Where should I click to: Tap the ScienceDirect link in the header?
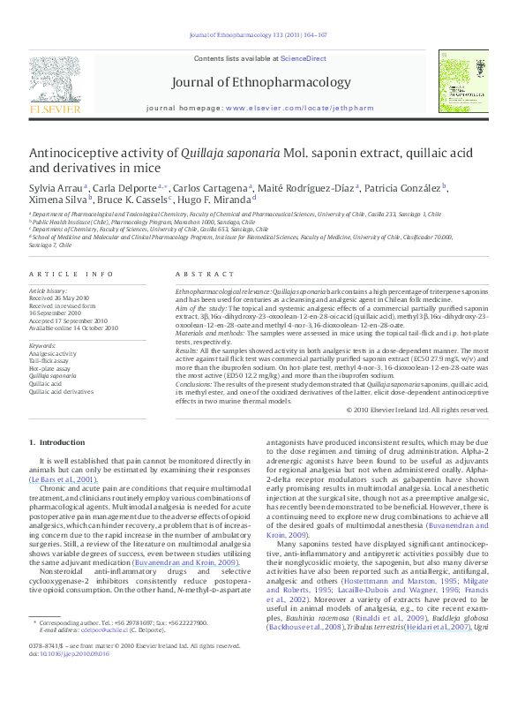304,57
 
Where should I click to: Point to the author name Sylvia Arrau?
55,188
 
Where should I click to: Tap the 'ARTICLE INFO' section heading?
71,275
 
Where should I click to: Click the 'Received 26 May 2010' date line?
63,298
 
